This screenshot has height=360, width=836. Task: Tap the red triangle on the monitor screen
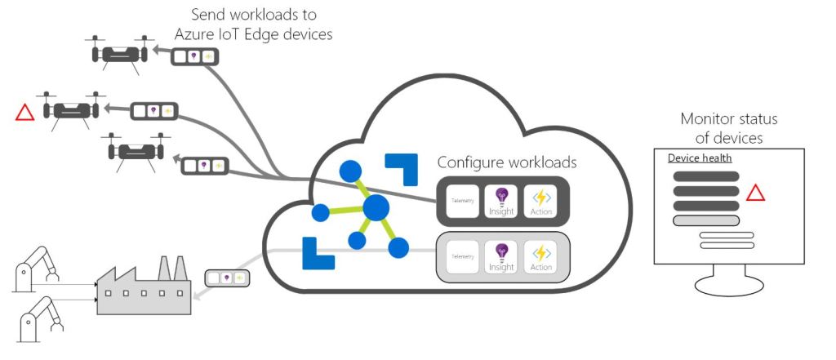[755, 193]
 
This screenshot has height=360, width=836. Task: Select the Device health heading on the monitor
[700, 158]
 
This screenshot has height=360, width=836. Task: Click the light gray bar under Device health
[705, 220]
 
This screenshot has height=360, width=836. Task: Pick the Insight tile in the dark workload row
[501, 201]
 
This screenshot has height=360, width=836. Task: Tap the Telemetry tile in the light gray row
[462, 256]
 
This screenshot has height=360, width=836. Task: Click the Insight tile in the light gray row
[501, 256]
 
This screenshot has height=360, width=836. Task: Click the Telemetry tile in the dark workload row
[462, 201]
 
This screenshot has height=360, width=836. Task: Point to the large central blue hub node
[376, 207]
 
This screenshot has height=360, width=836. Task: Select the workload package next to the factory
[226, 278]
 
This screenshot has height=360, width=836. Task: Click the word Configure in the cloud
[469, 162]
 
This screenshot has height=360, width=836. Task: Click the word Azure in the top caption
[196, 34]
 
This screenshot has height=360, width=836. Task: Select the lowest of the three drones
[134, 151]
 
